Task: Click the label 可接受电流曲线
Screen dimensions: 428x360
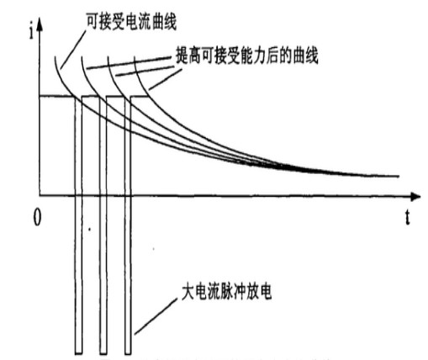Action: pyautogui.click(x=131, y=22)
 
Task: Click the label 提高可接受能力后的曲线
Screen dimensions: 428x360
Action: pyautogui.click(x=247, y=56)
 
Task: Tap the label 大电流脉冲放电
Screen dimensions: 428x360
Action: pyautogui.click(x=227, y=293)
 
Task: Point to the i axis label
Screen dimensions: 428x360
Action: pyautogui.click(x=32, y=32)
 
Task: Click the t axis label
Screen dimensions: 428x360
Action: pyautogui.click(x=407, y=217)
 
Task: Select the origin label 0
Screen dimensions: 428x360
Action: pyautogui.click(x=37, y=218)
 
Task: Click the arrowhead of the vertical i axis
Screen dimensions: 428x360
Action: pyautogui.click(x=40, y=24)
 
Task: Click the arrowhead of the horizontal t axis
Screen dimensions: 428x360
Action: pyautogui.click(x=415, y=196)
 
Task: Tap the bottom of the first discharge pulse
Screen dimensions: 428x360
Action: pyautogui.click(x=79, y=353)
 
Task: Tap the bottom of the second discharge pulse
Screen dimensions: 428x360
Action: pyautogui.click(x=103, y=353)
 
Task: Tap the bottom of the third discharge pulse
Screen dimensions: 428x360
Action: pyautogui.click(x=128, y=353)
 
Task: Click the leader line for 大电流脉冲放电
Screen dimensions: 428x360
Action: pyautogui.click(x=156, y=316)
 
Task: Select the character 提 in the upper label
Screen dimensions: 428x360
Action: pyautogui.click(x=182, y=56)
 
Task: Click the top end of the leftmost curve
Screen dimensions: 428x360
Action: pyautogui.click(x=55, y=57)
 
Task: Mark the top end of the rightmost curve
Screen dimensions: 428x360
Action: pyautogui.click(x=135, y=57)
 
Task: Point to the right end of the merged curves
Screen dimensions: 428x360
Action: pyautogui.click(x=399, y=176)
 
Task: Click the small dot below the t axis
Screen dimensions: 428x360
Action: pyautogui.click(x=90, y=230)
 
